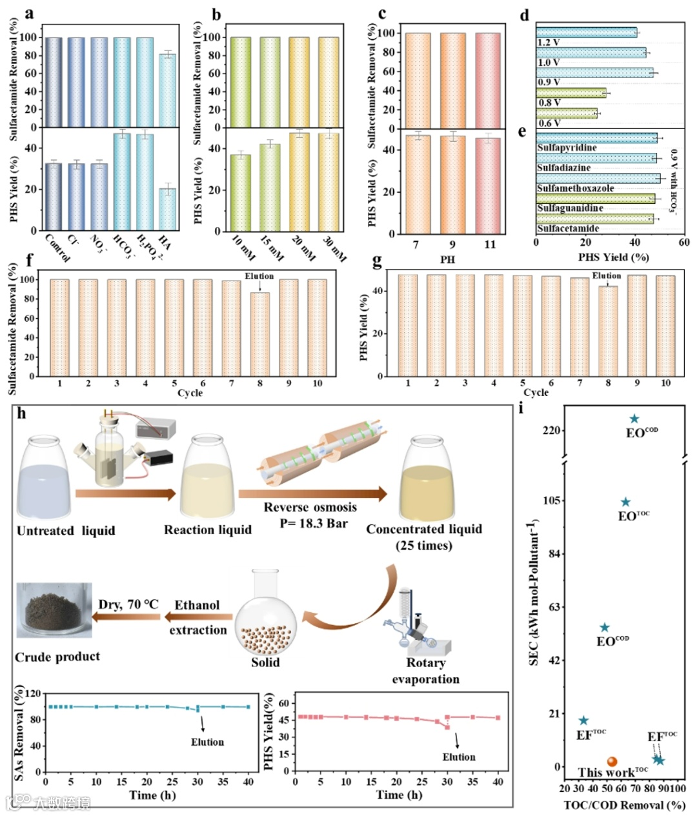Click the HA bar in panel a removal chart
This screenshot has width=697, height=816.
pos(167,90)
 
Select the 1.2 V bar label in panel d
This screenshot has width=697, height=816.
pos(549,43)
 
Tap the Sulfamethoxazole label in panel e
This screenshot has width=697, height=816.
pos(575,188)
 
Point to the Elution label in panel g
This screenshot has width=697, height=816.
pos(607,276)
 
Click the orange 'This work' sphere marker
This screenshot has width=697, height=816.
pos(612,762)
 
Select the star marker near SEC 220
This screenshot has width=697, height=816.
pos(634,419)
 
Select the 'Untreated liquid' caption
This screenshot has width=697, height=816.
pos(66,531)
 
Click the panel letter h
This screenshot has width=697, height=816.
pos(22,413)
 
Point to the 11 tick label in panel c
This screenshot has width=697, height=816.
pos(490,244)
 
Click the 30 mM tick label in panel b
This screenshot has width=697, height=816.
pos(333,248)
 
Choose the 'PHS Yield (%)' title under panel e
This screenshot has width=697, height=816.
pos(613,257)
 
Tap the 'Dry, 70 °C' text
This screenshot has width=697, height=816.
pos(128,604)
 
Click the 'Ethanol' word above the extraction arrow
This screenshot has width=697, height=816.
pos(197,605)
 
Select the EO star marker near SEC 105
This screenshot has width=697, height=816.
pos(625,503)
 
